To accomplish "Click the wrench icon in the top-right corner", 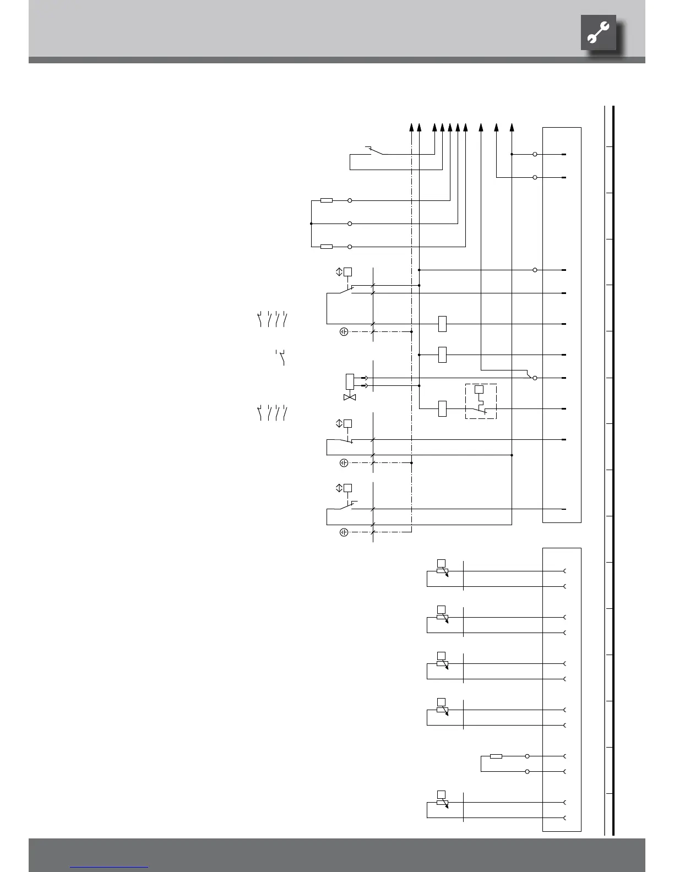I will pos(598,33).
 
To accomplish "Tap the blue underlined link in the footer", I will pos(110,866).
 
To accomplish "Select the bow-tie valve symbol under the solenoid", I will pos(350,397).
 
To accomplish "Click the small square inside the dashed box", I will pos(479,389).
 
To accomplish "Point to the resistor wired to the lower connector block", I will pos(496,756).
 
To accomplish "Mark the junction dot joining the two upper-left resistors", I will pos(311,224).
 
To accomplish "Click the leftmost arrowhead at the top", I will pos(411,127).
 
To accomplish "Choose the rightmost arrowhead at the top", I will pos(512,127).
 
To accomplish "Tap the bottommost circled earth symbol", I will pos(344,532).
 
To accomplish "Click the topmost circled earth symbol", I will pos(344,332).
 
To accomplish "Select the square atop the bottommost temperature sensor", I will pos(441,794).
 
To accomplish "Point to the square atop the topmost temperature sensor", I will pos(441,563).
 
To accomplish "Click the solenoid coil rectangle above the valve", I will pos(349,381).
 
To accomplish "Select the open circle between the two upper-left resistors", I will pos(350,224).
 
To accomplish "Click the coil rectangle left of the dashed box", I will pos(442,408).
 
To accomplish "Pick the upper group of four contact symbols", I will pos(273,319).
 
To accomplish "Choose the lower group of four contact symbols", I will pos(273,412).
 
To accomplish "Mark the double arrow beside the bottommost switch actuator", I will pos(339,488).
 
